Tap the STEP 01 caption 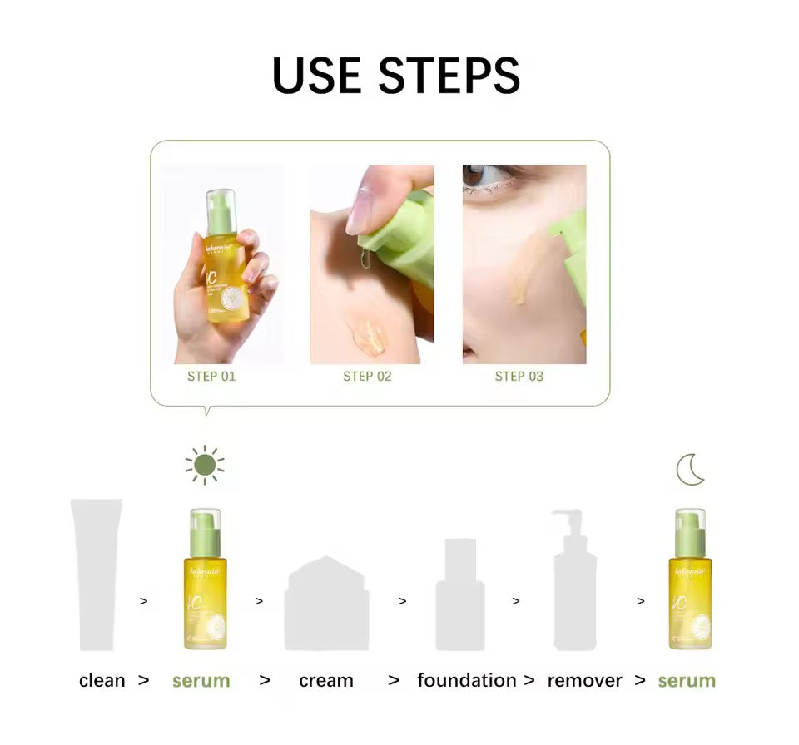click(x=211, y=377)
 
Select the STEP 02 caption click(x=367, y=377)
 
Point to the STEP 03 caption click(x=519, y=377)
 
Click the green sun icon click(x=205, y=465)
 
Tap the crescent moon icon click(x=690, y=470)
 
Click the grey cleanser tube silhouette click(x=97, y=574)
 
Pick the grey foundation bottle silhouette click(x=460, y=595)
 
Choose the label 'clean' click(x=102, y=681)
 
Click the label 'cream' click(x=326, y=681)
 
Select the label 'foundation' click(x=467, y=681)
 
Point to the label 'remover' click(x=585, y=681)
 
